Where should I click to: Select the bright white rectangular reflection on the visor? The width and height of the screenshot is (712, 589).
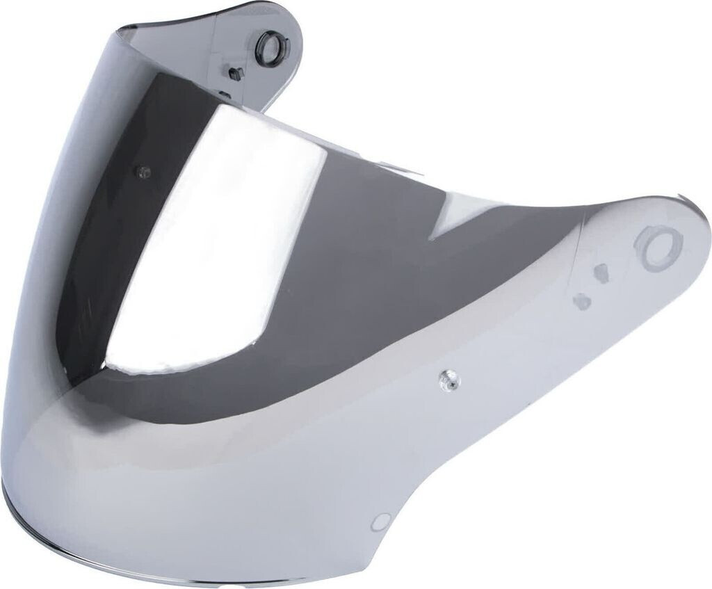pos(229,229)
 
